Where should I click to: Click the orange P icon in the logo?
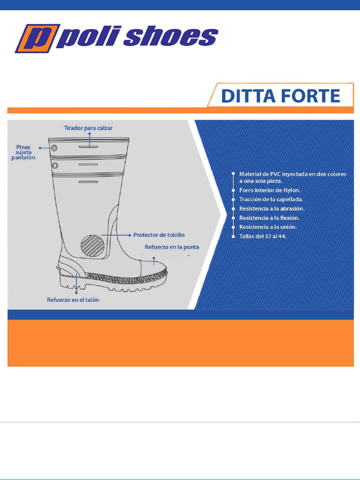pyautogui.click(x=36, y=38)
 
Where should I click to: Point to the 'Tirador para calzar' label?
pyautogui.click(x=88, y=127)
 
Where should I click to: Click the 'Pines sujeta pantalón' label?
pyautogui.click(x=23, y=152)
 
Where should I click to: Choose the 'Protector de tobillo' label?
pyautogui.click(x=159, y=235)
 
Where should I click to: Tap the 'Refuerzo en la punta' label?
pyautogui.click(x=172, y=247)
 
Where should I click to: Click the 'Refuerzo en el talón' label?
pyautogui.click(x=73, y=300)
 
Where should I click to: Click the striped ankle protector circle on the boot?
pyautogui.click(x=93, y=246)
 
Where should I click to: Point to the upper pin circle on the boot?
pyautogui.click(x=55, y=148)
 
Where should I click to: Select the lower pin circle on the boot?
pyautogui.click(x=55, y=165)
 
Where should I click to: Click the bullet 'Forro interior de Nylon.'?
pyautogui.click(x=270, y=190)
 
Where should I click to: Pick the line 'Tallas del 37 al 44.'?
pyautogui.click(x=262, y=236)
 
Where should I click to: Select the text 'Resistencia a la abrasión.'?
pyautogui.click(x=271, y=209)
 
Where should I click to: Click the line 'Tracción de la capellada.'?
pyautogui.click(x=271, y=199)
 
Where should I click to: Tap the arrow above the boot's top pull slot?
pyautogui.click(x=88, y=138)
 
